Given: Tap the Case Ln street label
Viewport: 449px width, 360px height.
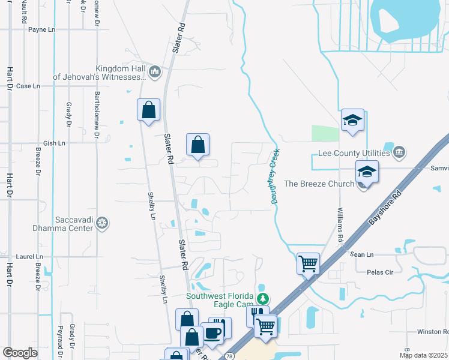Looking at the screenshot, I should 28,86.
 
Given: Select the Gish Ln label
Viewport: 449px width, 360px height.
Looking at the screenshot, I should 54,143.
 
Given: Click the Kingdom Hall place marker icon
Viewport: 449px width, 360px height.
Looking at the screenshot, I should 155,72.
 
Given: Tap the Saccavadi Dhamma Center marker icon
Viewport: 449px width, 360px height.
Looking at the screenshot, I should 103,224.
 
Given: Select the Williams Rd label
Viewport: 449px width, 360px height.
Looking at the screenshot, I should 340,222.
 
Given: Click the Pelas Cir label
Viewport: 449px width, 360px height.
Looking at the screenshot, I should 379,272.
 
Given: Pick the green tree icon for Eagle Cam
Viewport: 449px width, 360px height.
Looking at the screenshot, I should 262,298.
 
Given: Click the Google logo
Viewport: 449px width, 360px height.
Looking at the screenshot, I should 20,353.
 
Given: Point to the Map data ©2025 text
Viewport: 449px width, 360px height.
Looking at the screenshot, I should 423,355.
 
